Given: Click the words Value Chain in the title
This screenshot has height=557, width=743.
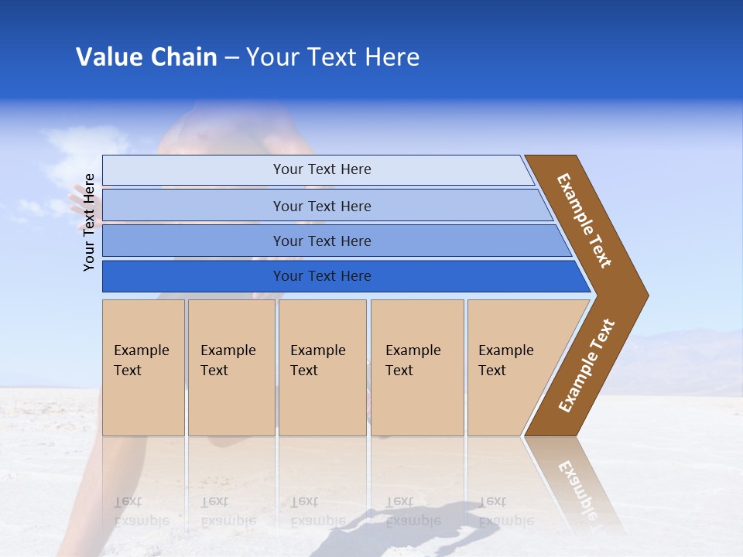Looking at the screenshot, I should [x=146, y=57].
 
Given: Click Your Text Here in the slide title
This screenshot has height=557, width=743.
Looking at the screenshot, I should [x=333, y=57].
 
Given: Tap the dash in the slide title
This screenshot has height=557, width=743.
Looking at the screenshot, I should [x=231, y=58].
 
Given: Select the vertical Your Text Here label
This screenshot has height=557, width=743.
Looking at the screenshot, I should [x=89, y=222].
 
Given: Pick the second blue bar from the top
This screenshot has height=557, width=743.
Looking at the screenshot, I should [x=321, y=206].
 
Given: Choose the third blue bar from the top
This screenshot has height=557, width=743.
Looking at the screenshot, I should [x=321, y=241].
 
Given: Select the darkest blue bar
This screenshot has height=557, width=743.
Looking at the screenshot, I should [x=321, y=276].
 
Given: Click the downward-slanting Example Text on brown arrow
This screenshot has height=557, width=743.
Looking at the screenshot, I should [x=584, y=220].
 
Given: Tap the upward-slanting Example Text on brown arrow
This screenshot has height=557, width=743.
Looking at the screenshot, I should [x=587, y=366].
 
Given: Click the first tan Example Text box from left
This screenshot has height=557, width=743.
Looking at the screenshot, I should [x=143, y=367].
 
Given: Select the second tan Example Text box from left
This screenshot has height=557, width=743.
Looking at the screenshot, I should [x=231, y=367].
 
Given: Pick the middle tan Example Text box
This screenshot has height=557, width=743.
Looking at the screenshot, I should [x=322, y=367].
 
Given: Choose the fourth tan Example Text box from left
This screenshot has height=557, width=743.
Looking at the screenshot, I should [x=416, y=367].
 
